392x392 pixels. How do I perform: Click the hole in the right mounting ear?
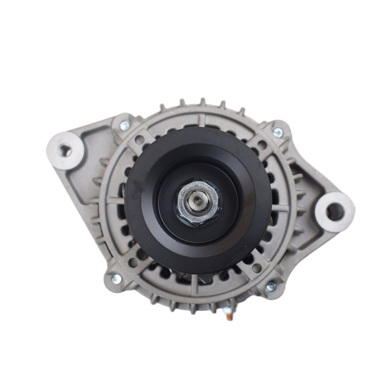pyautogui.click(x=335, y=212)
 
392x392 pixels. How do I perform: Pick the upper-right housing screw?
pyautogui.click(x=278, y=132)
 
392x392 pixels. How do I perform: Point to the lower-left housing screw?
pyautogui.click(x=117, y=279)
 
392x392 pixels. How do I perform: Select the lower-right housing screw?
pyautogui.click(x=270, y=287)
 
